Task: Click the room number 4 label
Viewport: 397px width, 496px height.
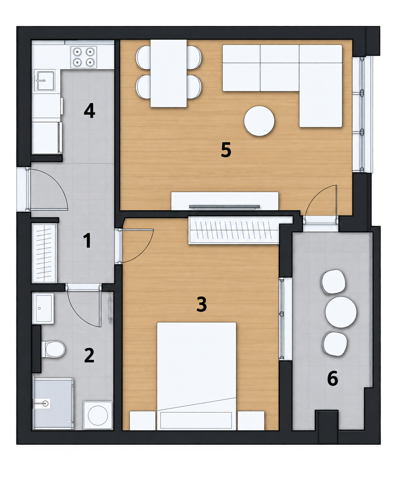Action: (x=90, y=111)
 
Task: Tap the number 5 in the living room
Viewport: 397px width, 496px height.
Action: (x=226, y=150)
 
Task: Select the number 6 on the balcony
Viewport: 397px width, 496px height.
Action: (x=333, y=378)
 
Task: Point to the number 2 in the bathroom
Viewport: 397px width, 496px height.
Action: (x=89, y=355)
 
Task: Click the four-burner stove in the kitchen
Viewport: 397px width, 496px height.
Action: (x=84, y=57)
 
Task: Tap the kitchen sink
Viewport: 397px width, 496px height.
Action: (x=45, y=81)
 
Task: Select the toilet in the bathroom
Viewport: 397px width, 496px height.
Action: (x=53, y=349)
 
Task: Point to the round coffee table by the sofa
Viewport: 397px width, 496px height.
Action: (x=259, y=121)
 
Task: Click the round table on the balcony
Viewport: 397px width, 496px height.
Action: (x=341, y=312)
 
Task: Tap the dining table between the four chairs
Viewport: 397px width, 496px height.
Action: (x=168, y=73)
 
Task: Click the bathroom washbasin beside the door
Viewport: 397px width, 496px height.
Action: (x=43, y=308)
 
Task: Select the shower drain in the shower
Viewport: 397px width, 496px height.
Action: (x=45, y=403)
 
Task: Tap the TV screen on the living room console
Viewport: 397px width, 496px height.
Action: (x=225, y=207)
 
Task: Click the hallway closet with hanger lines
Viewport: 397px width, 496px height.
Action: (x=44, y=253)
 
